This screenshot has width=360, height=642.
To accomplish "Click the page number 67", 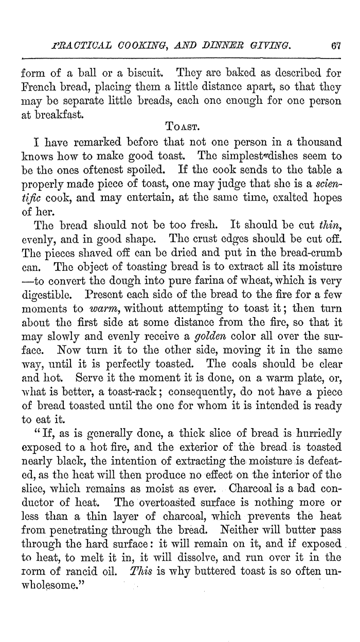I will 336,47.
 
